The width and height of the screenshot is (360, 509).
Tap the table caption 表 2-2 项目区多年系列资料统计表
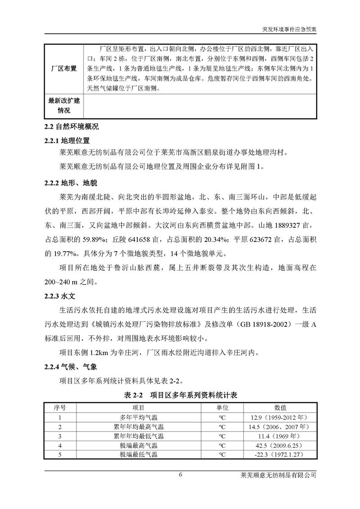point(180,396)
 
